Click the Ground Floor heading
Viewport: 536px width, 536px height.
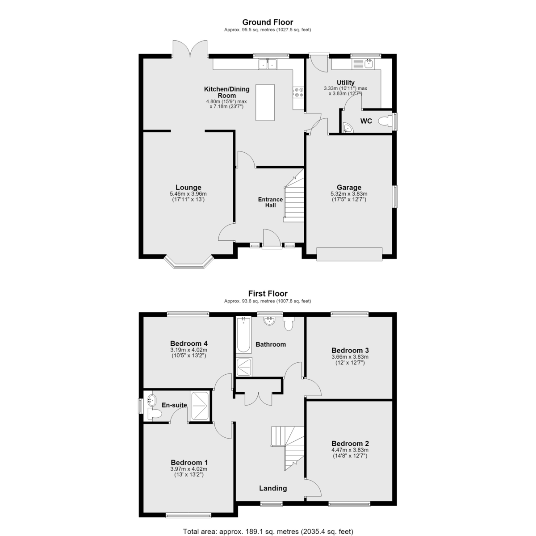268,22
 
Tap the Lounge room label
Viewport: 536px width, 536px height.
188,188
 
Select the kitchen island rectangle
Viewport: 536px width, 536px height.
265,103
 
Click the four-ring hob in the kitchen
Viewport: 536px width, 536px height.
299,92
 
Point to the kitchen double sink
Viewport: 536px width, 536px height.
267,64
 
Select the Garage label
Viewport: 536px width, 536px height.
349,188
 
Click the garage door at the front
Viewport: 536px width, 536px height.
349,254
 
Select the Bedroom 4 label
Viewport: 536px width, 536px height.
189,343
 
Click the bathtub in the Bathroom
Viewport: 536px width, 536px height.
243,335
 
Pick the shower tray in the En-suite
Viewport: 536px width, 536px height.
199,406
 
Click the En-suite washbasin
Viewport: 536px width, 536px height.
151,401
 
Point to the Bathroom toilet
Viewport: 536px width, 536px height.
289,324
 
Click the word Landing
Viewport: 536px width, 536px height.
273,488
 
